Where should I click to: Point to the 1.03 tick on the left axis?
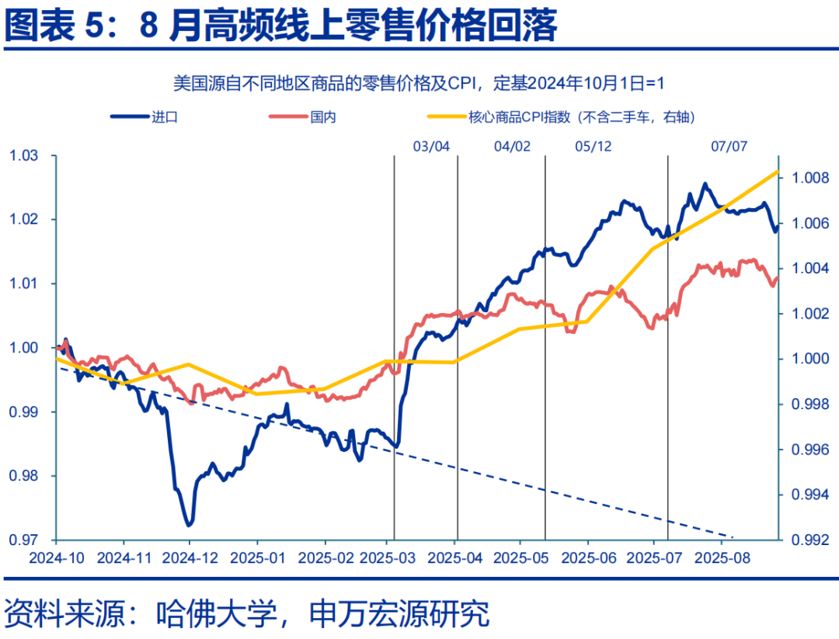pyautogui.click(x=23, y=156)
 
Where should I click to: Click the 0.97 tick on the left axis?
pyautogui.click(x=23, y=539)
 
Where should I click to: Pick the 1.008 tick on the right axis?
pyautogui.click(x=809, y=179)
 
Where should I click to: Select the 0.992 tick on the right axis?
pyautogui.click(x=809, y=539)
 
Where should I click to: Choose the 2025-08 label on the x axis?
pyautogui.click(x=722, y=558)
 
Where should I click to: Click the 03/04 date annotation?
pyautogui.click(x=431, y=146)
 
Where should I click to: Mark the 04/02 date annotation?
pyautogui.click(x=512, y=146)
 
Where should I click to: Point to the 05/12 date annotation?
pyautogui.click(x=594, y=146)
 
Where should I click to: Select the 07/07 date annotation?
pyautogui.click(x=729, y=146)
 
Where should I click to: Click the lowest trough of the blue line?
pyautogui.click(x=189, y=525)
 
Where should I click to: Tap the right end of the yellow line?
pyautogui.click(x=778, y=172)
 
